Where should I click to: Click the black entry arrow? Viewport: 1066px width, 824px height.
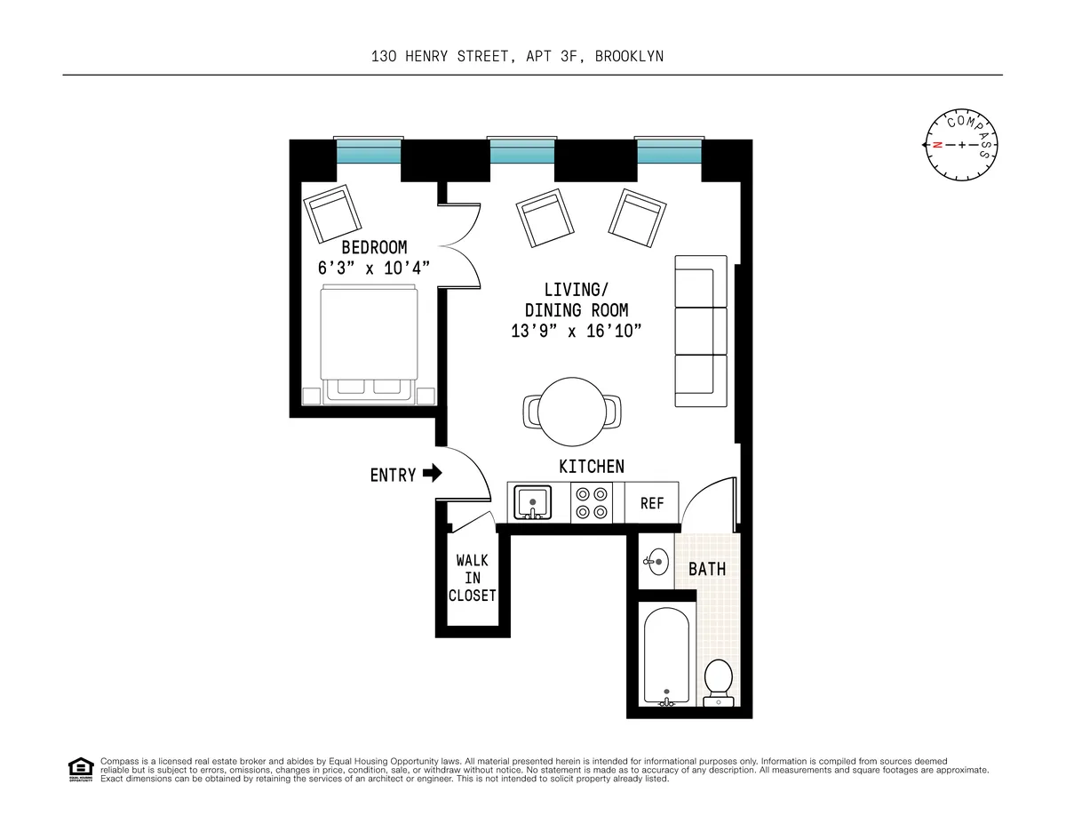point(433,474)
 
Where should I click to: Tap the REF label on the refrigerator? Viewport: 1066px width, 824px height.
point(652,503)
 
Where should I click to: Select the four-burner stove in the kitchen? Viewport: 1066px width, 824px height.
point(592,502)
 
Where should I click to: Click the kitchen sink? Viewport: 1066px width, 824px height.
point(532,502)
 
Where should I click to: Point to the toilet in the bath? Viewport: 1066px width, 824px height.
point(718,682)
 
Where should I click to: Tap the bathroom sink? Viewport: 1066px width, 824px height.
point(656,561)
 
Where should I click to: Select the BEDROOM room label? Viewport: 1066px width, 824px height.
point(374,247)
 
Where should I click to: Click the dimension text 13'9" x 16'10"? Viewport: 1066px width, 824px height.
point(576,331)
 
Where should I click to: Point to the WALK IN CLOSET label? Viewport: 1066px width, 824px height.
point(472,578)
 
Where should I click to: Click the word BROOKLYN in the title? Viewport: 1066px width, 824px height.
point(629,56)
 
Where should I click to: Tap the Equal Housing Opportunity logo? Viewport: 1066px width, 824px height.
point(81,769)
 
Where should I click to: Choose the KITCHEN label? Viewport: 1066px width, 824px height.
point(591,466)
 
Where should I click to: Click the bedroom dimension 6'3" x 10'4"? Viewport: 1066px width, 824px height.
point(374,267)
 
